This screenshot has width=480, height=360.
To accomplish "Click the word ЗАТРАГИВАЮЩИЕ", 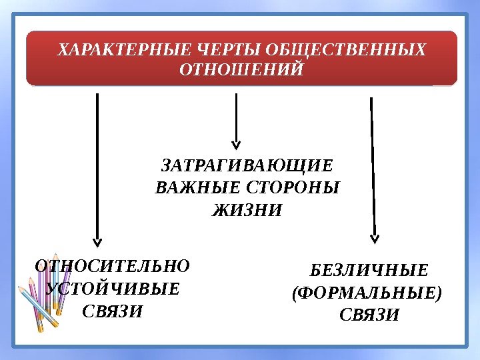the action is (x=247, y=165).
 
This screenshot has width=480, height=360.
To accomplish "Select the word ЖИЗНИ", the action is (x=247, y=211).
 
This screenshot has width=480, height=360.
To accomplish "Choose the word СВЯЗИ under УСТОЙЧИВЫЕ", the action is (x=113, y=311).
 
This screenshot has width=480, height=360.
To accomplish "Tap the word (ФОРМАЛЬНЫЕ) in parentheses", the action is (x=367, y=293).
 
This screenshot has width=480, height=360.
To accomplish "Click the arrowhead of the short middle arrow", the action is (x=235, y=143).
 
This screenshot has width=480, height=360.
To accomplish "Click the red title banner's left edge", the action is (x=28, y=58).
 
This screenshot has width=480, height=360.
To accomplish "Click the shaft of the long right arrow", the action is (x=373, y=167).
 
